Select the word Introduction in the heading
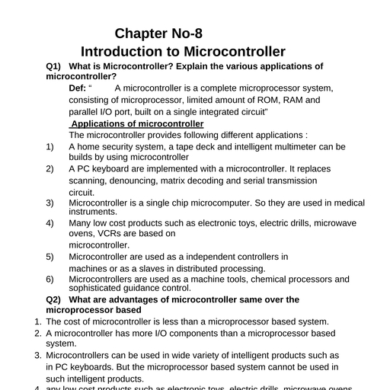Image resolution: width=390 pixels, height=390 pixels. pos(123,52)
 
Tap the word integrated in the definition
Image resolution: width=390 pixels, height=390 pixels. pos(212,112)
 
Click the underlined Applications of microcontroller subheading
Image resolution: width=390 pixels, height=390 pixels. pos(137,123)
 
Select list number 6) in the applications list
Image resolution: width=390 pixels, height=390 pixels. pos(50,279)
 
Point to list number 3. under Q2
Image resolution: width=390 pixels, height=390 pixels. pos(39,355)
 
